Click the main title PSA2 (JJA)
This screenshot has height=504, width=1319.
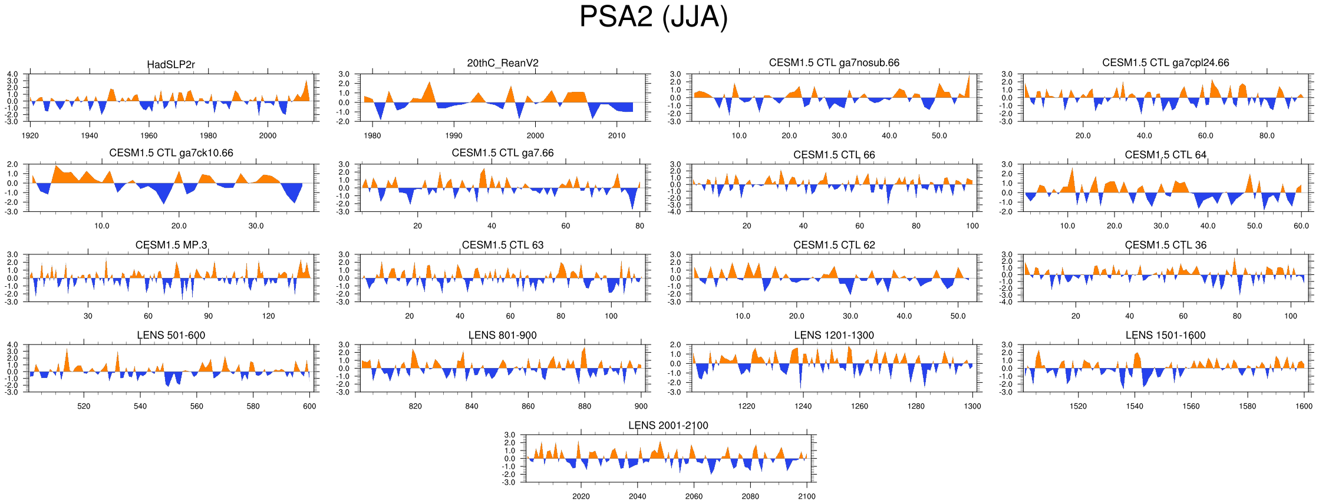coord(654,16)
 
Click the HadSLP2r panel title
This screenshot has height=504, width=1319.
coord(171,64)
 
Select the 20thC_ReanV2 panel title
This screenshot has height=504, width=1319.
coord(502,63)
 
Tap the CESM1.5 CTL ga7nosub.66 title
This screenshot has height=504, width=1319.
coord(834,62)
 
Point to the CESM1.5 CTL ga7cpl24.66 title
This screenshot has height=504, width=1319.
coord(1165,62)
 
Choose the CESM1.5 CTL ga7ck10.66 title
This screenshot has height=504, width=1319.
coord(171,153)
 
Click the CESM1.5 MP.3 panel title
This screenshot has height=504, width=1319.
coord(171,245)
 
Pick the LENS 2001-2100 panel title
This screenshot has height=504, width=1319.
coord(668,425)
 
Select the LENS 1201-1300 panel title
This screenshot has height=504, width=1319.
coord(834,335)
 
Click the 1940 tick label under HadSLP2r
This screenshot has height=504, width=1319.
coord(90,135)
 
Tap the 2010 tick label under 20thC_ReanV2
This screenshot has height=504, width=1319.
coord(616,135)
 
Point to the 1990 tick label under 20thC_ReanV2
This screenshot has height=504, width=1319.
coord(454,135)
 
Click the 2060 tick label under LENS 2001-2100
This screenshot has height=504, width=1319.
coord(694,496)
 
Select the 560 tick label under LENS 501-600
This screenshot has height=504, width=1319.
coord(196,406)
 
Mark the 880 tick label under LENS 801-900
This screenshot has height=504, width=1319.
coord(584,406)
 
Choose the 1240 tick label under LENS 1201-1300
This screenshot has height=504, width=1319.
coord(803,406)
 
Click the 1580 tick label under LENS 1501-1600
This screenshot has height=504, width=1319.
coord(1247,406)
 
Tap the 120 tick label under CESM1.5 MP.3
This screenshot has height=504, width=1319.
coord(268,316)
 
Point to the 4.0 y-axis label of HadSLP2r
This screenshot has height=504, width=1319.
coord(12,74)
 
